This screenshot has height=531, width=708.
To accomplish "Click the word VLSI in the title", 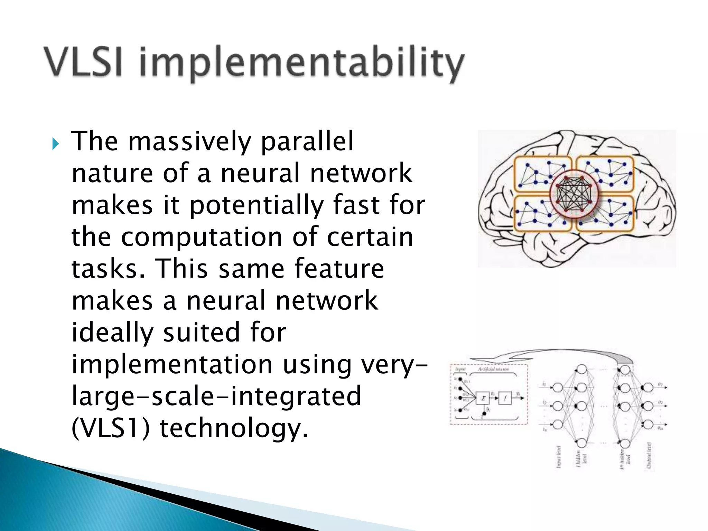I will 83,62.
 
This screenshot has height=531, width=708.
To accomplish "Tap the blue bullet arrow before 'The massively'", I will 56,143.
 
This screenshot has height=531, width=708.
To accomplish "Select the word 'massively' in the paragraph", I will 190,141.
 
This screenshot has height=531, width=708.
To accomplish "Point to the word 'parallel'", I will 307,141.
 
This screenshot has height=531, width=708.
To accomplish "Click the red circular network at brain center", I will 574,194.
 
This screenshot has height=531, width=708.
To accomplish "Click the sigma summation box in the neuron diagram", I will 483,398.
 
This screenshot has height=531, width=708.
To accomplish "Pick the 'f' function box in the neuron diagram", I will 505,398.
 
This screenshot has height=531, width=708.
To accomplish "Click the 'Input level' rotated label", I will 559,457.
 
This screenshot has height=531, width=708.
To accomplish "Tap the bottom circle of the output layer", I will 648,424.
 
